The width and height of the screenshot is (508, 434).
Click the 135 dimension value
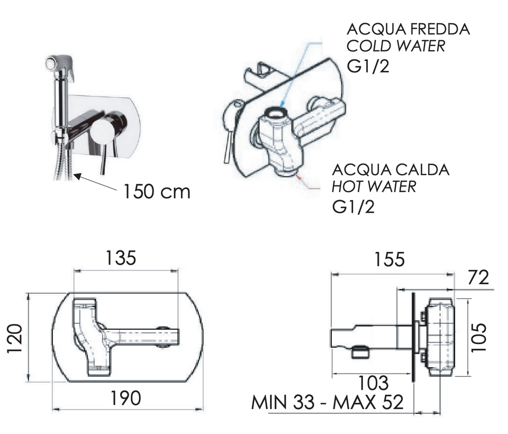(x=121, y=258)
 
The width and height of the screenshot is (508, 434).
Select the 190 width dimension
(x=126, y=398)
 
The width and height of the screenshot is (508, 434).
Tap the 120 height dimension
(x=15, y=338)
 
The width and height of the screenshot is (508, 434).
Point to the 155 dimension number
(x=389, y=259)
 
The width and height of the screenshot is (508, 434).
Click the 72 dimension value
(x=478, y=278)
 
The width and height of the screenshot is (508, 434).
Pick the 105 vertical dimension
(x=479, y=338)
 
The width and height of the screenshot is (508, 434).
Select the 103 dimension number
(x=373, y=383)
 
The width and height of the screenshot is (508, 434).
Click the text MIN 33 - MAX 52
(x=328, y=402)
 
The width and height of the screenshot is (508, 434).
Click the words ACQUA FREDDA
(x=408, y=29)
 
